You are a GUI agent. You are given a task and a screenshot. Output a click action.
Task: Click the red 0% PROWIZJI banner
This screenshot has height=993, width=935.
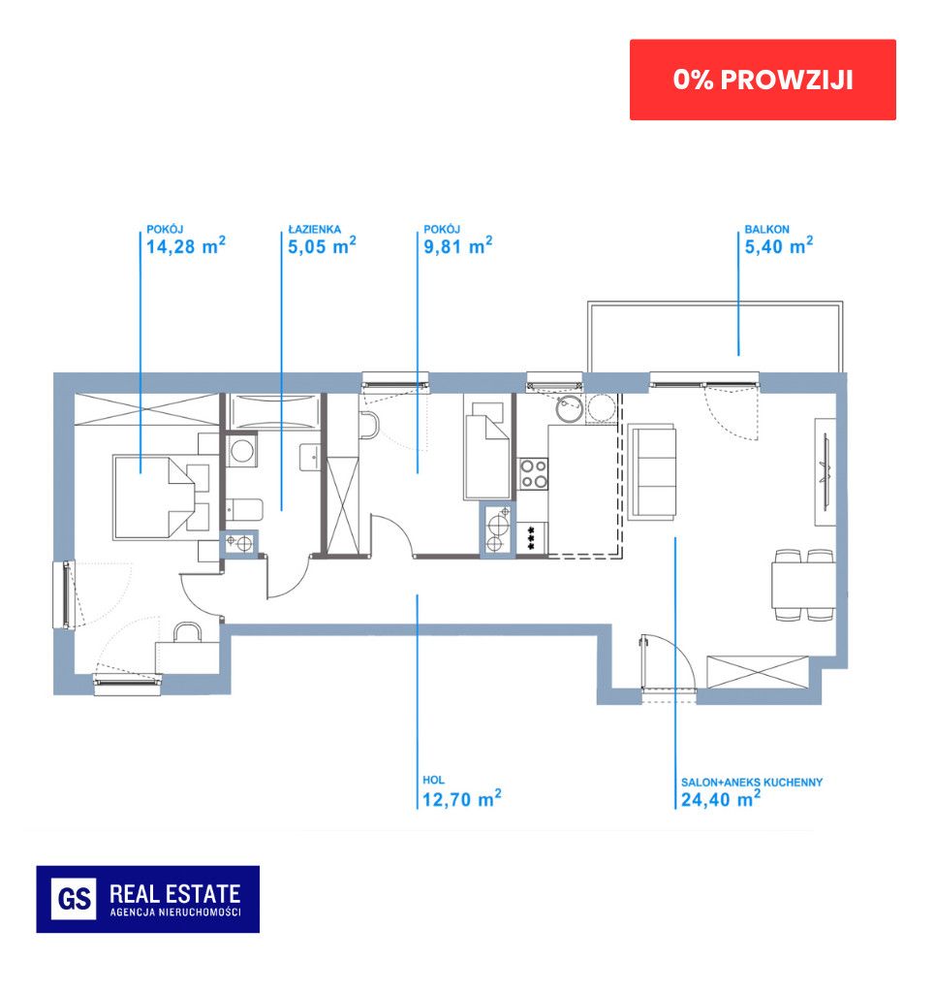pos(763,80)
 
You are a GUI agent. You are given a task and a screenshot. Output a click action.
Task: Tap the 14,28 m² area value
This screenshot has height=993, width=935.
pos(186,245)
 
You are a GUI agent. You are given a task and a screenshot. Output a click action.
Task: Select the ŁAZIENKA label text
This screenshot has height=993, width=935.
pos(314,229)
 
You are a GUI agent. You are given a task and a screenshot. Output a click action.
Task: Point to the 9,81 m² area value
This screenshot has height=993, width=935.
pos(458,245)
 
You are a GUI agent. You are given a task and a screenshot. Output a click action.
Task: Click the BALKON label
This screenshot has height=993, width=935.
pos(766,229)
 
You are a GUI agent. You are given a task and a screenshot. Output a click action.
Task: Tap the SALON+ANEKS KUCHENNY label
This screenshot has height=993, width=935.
pos(752,783)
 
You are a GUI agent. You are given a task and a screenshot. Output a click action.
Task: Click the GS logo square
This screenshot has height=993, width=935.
pos(74,899)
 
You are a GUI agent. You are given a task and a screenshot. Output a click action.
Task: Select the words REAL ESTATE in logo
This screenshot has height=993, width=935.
pos(175,893)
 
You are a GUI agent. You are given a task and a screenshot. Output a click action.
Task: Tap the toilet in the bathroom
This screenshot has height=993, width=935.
pos(244,508)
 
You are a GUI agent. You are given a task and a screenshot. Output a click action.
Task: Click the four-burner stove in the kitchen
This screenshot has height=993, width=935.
pos(534,474)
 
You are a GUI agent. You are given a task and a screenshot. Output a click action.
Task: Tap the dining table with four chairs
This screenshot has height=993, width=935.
pos(803,585)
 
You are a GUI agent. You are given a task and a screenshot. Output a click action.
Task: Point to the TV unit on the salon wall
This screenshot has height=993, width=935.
pos(825,472)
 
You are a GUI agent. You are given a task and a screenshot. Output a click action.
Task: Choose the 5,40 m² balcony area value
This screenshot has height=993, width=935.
pos(779,245)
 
